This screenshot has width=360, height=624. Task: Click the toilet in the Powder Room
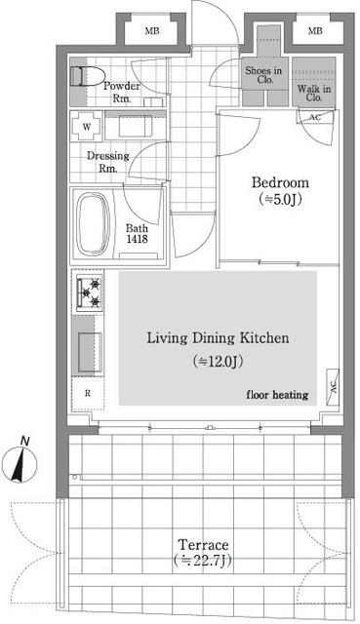coord(87,76)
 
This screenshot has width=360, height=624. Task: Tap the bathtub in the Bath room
coord(94,223)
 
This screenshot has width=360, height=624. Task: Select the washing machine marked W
coord(87,127)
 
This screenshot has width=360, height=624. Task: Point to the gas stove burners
coord(90,292)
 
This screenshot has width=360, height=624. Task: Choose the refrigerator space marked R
coord(88,393)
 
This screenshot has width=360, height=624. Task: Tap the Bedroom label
coord(280,182)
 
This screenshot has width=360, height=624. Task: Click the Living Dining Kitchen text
coord(218,338)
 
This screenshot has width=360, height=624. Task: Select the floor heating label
coord(277,395)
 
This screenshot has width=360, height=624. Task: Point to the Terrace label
coord(203,544)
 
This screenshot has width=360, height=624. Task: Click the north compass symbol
coord(20,461)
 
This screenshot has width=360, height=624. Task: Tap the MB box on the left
coord(152,31)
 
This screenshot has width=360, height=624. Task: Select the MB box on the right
coord(315,31)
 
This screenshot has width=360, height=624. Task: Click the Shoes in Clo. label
coord(263,75)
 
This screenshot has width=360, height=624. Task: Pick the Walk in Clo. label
coord(314,94)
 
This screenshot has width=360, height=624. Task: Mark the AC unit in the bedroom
coord(315,118)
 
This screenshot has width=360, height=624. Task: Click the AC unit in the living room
coord(333,387)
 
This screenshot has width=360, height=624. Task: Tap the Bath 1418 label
coord(137,234)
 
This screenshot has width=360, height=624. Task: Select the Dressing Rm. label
coord(108,162)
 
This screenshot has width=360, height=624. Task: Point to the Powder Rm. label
coord(121,92)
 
